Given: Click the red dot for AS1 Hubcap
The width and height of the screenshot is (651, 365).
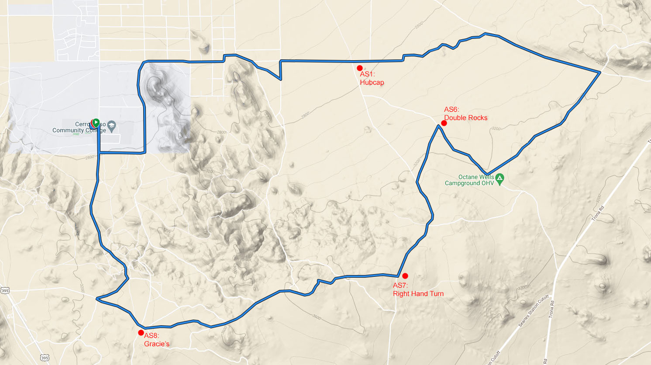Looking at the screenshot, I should (x=360, y=68).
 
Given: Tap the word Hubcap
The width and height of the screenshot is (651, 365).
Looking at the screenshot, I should (x=372, y=83).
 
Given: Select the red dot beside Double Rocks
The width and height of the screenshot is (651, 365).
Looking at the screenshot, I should (x=444, y=123).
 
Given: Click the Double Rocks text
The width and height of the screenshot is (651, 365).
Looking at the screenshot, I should (x=466, y=118).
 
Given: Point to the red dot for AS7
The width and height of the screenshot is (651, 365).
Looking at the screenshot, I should (x=405, y=276).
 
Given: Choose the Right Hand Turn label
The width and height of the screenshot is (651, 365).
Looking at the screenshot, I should (x=418, y=294).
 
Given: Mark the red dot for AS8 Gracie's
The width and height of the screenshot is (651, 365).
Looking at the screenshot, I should (x=141, y=333).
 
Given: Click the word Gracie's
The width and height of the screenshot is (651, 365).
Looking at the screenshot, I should (x=157, y=344).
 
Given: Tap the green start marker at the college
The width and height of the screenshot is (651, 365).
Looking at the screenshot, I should (x=95, y=123).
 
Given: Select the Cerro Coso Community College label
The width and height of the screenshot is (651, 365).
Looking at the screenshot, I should (x=79, y=127).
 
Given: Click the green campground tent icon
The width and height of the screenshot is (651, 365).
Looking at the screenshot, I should (x=500, y=178).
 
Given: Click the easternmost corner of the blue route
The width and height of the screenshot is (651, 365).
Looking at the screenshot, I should (x=600, y=72).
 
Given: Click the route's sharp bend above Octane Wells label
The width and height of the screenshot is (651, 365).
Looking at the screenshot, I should (x=488, y=173).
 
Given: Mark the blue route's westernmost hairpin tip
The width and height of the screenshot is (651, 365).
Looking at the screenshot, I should (x=97, y=299).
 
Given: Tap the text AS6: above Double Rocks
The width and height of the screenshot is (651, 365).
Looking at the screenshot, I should (x=451, y=110).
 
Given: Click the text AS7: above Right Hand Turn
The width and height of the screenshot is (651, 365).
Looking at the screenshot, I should (x=400, y=286).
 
